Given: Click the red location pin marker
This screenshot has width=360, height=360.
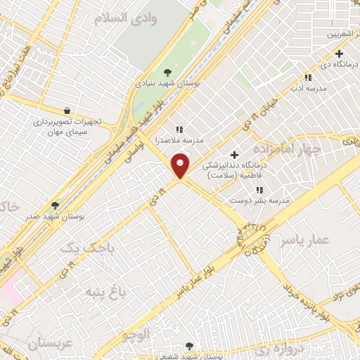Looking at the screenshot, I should pyautogui.click(x=181, y=165).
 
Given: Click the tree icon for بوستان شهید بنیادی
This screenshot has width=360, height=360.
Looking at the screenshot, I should pyautogui.click(x=167, y=72).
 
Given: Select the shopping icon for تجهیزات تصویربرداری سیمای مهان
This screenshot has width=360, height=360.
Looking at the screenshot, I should pyautogui.click(x=67, y=110).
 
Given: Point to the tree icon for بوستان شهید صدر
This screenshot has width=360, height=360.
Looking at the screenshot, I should pyautogui.click(x=55, y=205).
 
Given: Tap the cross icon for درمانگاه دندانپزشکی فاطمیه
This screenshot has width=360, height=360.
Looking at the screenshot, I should pyautogui.click(x=234, y=155).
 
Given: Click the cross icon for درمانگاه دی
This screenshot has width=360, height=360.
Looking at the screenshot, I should pyautogui.click(x=339, y=53).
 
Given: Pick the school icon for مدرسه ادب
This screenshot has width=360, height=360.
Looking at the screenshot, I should pyautogui.click(x=307, y=77).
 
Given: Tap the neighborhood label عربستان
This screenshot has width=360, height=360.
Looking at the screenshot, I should pyautogui.click(x=50, y=344).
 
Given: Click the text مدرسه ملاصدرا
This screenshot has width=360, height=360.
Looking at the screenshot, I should pyautogui.click(x=179, y=140).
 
